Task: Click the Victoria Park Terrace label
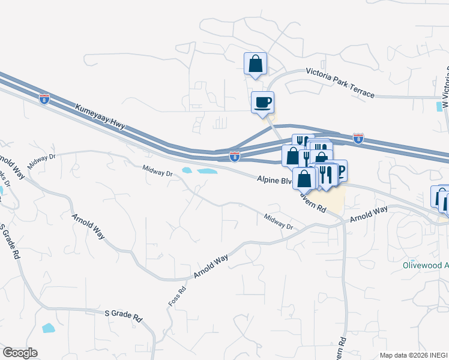340,82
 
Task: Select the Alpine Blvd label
273,179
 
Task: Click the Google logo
20,353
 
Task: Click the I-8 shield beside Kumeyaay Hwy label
44,98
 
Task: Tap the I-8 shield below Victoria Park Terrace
358,138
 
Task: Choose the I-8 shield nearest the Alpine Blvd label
235,157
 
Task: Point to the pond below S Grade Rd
47,328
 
